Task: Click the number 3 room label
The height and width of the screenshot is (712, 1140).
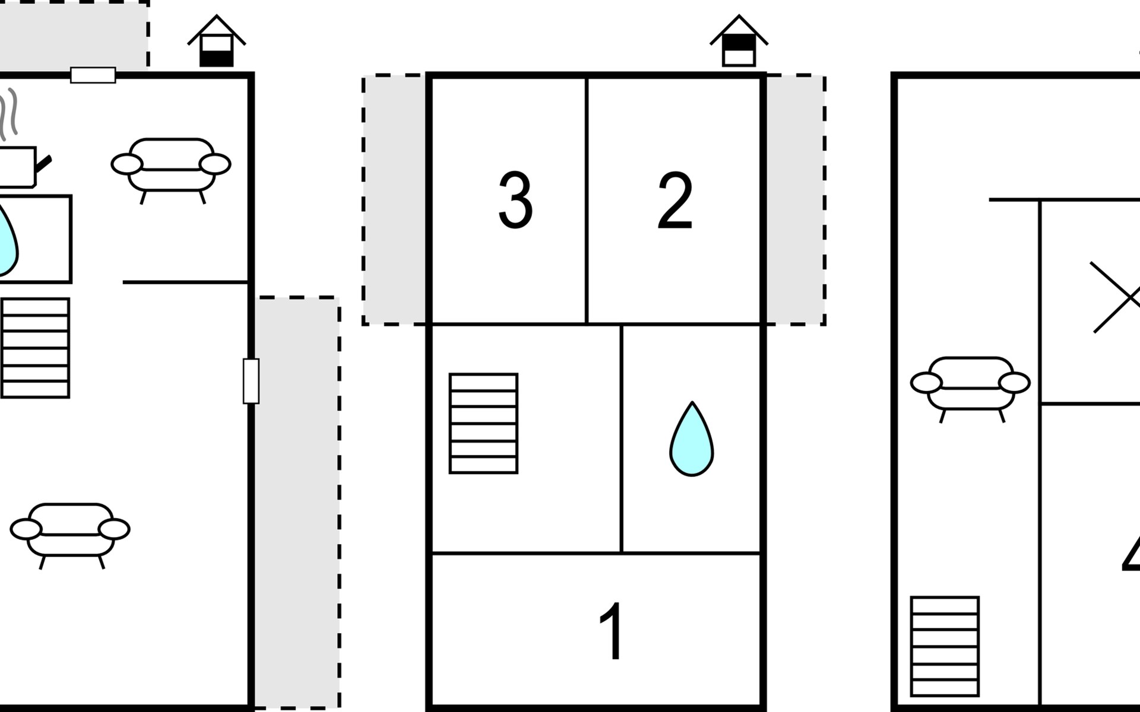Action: pos(515,200)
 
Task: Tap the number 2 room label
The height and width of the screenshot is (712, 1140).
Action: pos(675,200)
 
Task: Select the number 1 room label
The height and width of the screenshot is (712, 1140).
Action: pos(611,631)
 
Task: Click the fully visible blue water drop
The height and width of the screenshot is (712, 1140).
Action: pos(692,440)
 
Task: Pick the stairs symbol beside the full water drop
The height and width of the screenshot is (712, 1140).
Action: pos(483,423)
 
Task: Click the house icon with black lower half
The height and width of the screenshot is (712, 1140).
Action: pos(216,42)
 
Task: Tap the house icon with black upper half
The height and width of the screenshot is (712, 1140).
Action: pos(739,42)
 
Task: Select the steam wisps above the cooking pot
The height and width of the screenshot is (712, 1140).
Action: pos(10,113)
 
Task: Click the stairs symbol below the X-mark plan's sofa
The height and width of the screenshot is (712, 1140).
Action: pos(944,646)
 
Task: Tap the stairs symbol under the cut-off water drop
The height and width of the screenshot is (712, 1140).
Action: pos(36,348)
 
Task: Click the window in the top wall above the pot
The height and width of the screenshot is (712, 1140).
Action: pos(93,75)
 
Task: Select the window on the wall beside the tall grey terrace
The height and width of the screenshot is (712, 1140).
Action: pos(251,381)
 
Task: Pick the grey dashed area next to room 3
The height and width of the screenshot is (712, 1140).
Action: pos(394,200)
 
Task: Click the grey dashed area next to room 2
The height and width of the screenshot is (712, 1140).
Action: pos(796,200)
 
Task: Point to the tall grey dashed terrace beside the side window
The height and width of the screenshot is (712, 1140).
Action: pos(297,501)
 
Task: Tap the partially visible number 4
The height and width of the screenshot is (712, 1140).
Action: pos(1131,555)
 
